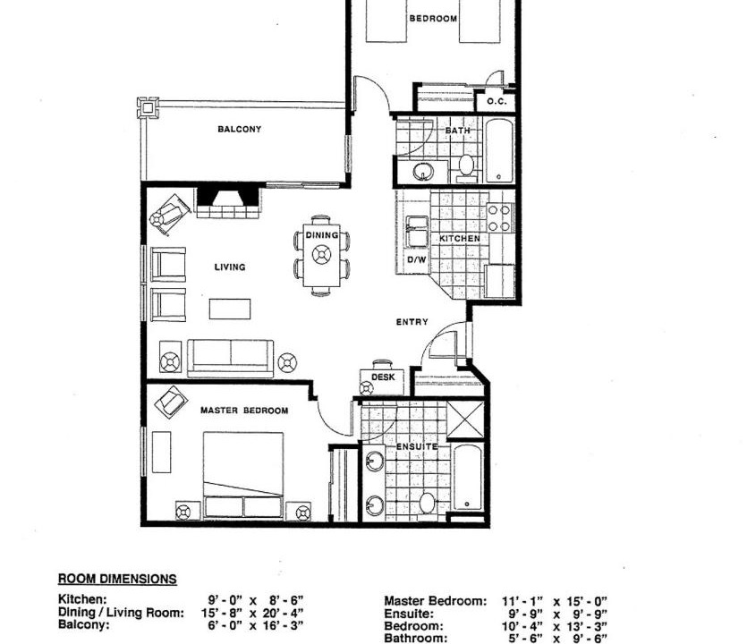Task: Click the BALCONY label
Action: click(239, 129)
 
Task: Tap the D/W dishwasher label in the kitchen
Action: click(417, 260)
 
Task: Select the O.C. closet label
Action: click(497, 102)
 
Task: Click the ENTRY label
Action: click(412, 322)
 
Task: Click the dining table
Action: click(322, 255)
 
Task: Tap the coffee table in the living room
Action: click(230, 309)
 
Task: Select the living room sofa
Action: click(231, 358)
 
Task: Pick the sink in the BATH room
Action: click(422, 171)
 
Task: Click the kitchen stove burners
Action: click(500, 217)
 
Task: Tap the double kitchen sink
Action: click(417, 232)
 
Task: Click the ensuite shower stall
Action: click(465, 419)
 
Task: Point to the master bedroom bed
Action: click(243, 475)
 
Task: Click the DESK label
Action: click(383, 377)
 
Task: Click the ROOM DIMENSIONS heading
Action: click(117, 580)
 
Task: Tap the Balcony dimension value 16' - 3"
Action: click(283, 625)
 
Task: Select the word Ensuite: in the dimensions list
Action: click(409, 614)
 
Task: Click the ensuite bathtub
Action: click(468, 477)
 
